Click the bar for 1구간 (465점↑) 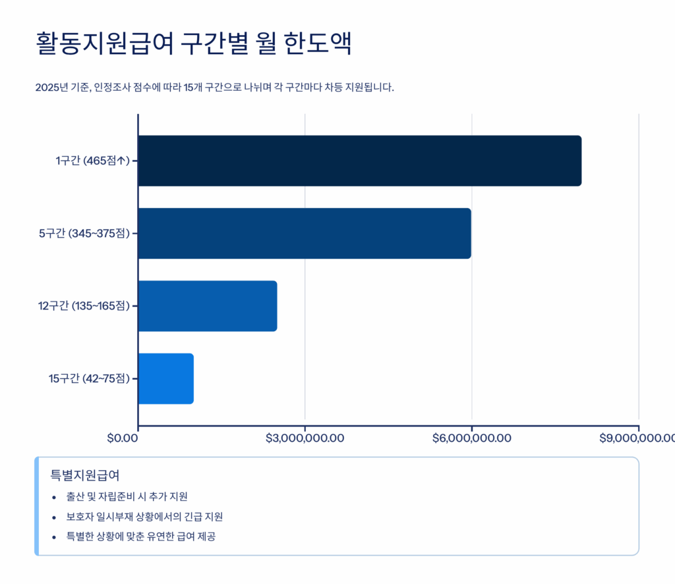[359, 161]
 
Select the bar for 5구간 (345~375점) [305, 233]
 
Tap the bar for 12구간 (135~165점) [208, 305]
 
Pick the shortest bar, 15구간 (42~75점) [165, 379]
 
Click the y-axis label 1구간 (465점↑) [92, 161]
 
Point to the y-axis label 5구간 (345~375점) [84, 233]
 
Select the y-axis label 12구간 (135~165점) [84, 305]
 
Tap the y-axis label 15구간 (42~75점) [89, 379]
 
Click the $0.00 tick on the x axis [122, 438]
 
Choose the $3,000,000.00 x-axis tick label [305, 438]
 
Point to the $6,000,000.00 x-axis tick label [471, 438]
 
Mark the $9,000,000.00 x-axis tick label [637, 438]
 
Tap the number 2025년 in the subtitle [49, 88]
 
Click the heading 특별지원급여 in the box [84, 475]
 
